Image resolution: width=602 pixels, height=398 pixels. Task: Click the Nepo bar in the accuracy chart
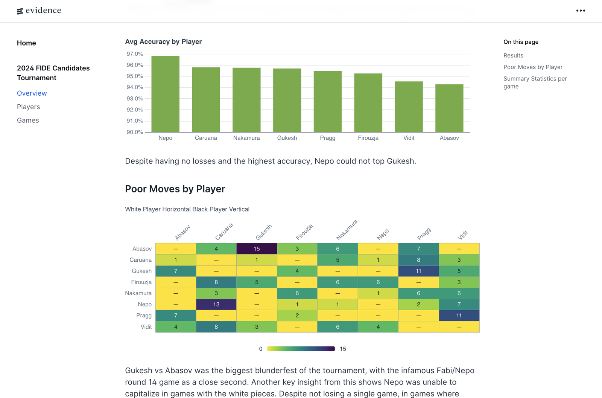tap(165, 94)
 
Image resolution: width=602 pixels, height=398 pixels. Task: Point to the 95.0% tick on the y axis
tap(135, 76)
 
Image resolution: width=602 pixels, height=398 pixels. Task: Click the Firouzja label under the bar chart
tap(368, 138)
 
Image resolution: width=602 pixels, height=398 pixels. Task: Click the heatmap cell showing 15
tap(257, 249)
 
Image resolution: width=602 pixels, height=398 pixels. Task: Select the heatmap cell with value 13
tap(216, 304)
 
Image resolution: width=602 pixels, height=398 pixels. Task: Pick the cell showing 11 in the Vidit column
tap(459, 316)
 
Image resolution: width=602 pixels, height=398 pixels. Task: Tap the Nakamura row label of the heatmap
tap(138, 293)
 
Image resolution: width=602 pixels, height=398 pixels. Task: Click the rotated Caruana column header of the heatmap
tap(224, 232)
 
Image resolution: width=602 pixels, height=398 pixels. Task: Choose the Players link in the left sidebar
tap(28, 107)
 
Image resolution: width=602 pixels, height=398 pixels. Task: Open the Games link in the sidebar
tap(28, 120)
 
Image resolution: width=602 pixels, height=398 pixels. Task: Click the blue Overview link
tap(32, 93)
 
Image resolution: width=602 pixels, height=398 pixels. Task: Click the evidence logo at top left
tap(39, 11)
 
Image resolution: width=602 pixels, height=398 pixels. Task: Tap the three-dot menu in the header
tap(581, 11)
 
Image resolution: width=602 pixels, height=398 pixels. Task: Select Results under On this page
tap(513, 55)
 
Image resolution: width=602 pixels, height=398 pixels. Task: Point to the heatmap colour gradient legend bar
tap(301, 349)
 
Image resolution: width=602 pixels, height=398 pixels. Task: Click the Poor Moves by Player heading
tap(175, 189)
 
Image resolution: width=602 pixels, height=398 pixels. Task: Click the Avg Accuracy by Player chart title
tap(163, 42)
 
